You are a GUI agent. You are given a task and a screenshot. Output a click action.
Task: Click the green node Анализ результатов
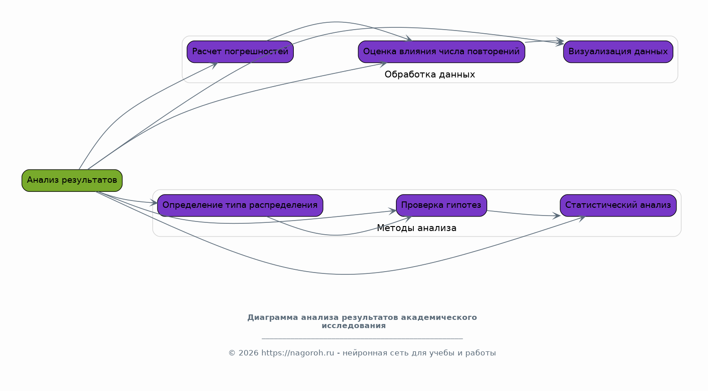[x=72, y=180]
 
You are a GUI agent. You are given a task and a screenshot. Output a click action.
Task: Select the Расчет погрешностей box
[x=240, y=51]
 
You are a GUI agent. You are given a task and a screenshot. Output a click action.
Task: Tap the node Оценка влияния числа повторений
[x=442, y=51]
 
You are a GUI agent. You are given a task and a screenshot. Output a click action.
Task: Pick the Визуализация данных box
[x=618, y=51]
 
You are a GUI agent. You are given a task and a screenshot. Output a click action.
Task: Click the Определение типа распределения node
[x=240, y=205]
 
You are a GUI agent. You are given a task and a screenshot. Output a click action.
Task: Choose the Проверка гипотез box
[x=442, y=205]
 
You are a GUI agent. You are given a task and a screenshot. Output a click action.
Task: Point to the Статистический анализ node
[x=618, y=205]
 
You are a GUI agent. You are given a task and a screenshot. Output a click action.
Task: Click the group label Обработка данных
[x=430, y=75]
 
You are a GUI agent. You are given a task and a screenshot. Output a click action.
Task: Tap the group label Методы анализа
[x=417, y=228]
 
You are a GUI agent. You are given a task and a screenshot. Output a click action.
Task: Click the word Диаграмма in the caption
[x=272, y=318]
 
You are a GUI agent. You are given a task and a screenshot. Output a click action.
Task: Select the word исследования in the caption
[x=354, y=326]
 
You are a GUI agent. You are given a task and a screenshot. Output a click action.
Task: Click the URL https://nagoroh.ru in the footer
[x=298, y=353]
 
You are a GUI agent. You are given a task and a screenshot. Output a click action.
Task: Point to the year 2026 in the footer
[x=249, y=353]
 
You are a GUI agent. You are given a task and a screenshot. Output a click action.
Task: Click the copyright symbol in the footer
[x=232, y=353]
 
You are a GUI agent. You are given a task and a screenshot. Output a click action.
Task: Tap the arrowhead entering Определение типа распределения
[x=154, y=203]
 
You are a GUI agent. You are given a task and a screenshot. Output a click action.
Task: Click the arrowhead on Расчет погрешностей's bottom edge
[x=214, y=65]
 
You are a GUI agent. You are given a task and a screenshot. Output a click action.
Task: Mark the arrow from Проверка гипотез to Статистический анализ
[x=523, y=214]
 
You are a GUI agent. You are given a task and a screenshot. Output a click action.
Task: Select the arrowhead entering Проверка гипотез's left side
[x=393, y=211]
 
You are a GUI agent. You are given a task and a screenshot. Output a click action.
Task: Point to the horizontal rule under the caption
[x=362, y=339]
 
